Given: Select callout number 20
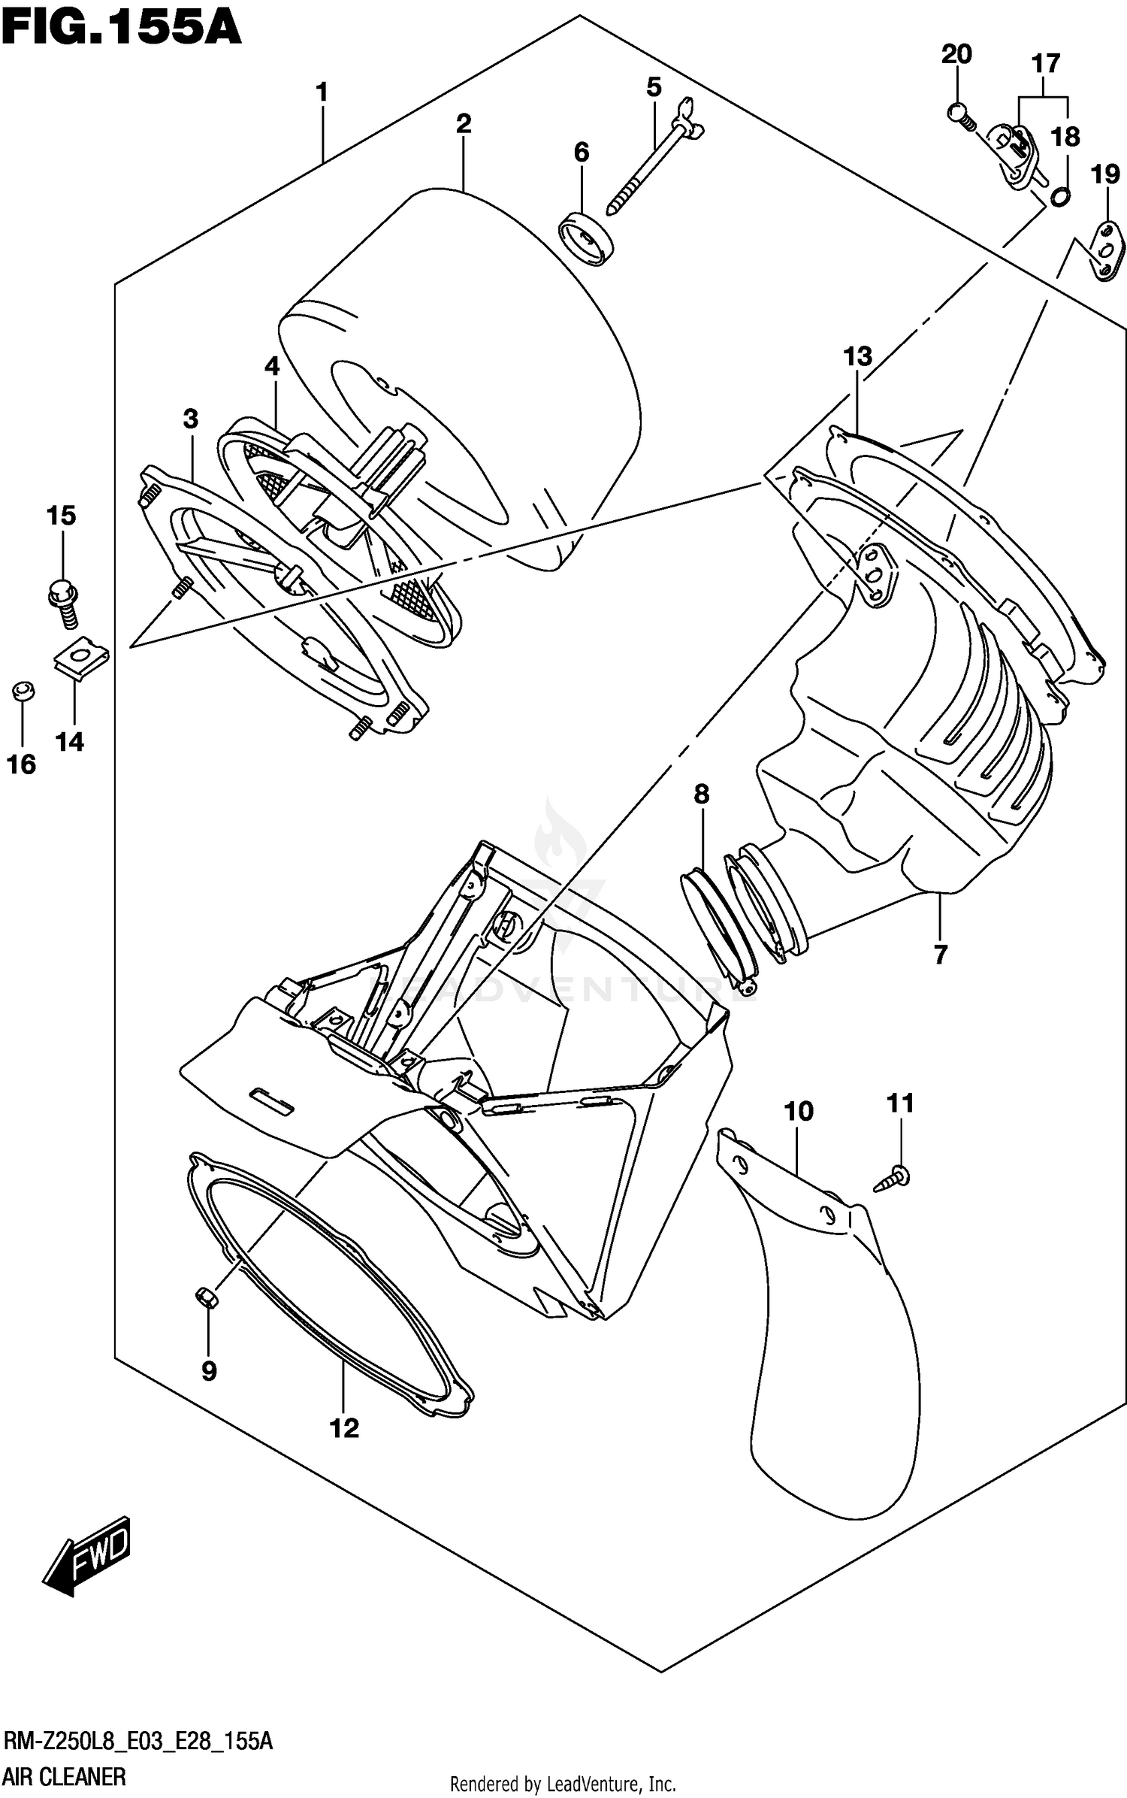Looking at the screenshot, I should pyautogui.click(x=956, y=55).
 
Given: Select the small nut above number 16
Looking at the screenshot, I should pyautogui.click(x=23, y=690).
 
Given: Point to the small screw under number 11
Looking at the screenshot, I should pyautogui.click(x=893, y=1179).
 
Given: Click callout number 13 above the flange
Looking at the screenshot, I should pyautogui.click(x=857, y=356).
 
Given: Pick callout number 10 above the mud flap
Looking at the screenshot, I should pyautogui.click(x=799, y=1111).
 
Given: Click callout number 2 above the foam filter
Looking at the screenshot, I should pyautogui.click(x=464, y=124).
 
